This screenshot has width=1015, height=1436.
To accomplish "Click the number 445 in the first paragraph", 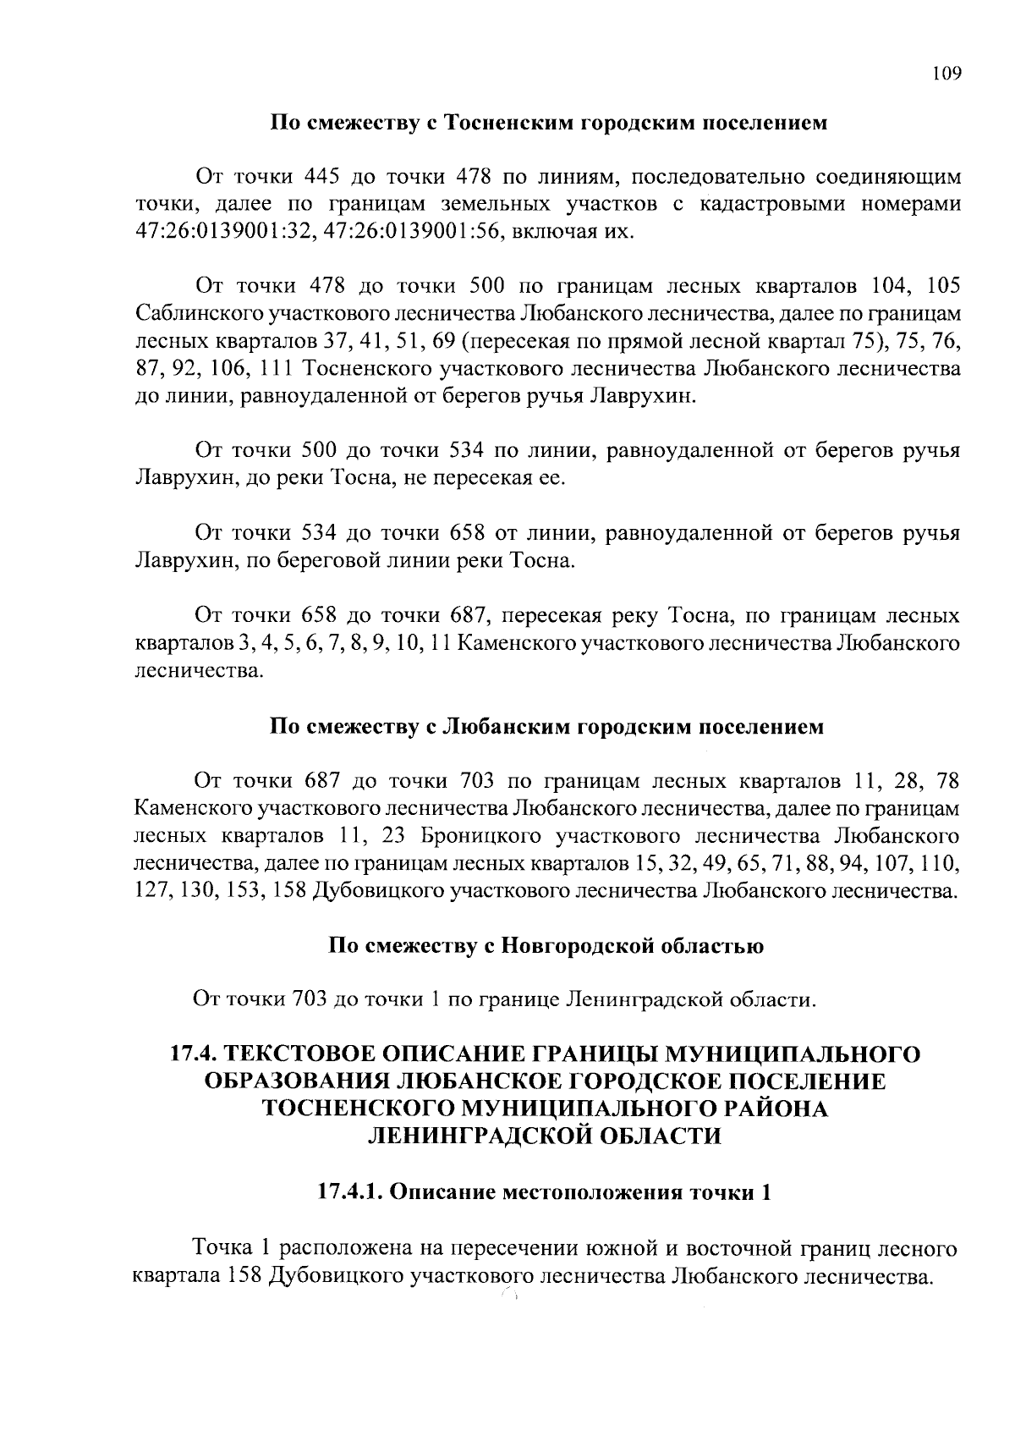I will [321, 177].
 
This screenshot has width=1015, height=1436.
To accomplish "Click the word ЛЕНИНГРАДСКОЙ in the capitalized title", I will [477, 1136].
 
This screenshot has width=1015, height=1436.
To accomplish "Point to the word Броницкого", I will [480, 837].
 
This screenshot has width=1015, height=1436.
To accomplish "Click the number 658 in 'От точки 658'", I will [321, 614].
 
